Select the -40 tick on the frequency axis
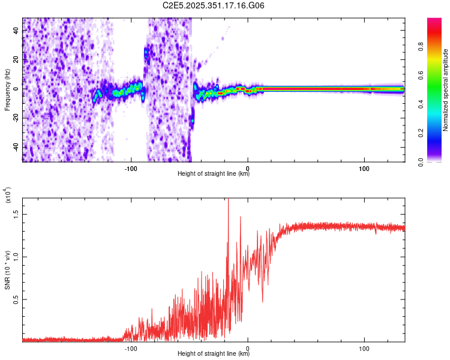[15, 147]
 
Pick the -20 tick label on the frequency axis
[15, 118]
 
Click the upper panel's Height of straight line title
[214, 175]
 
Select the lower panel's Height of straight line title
[214, 355]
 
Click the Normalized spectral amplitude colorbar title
[446, 90]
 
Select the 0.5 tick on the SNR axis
[16, 299]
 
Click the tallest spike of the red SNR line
[229, 200]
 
